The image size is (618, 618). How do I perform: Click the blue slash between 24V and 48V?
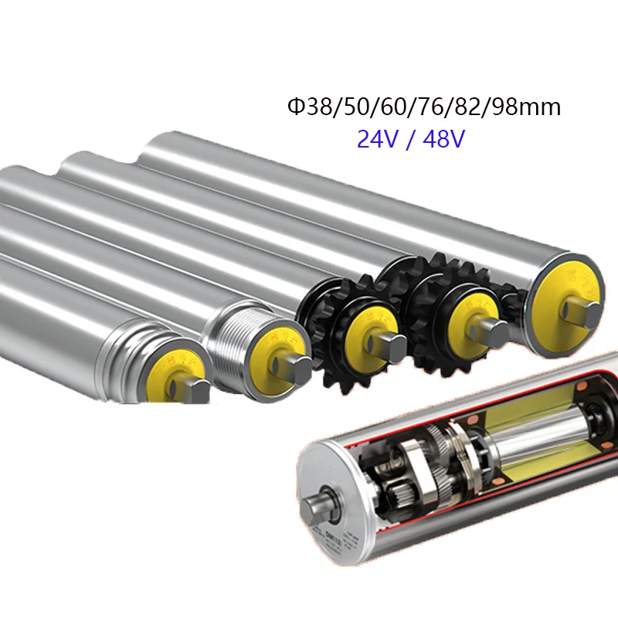coord(409,139)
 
